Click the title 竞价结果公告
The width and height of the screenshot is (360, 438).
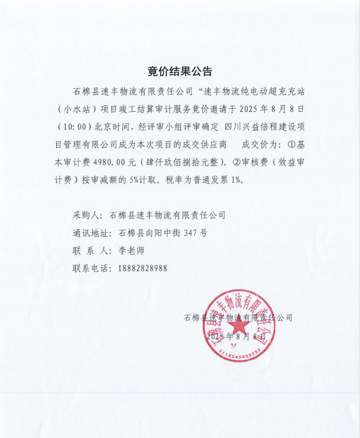point(180,72)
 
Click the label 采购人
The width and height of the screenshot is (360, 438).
point(87,215)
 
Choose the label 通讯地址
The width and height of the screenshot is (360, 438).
point(92,233)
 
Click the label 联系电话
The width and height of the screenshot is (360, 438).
point(92,268)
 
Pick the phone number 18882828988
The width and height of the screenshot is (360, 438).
point(142,268)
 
